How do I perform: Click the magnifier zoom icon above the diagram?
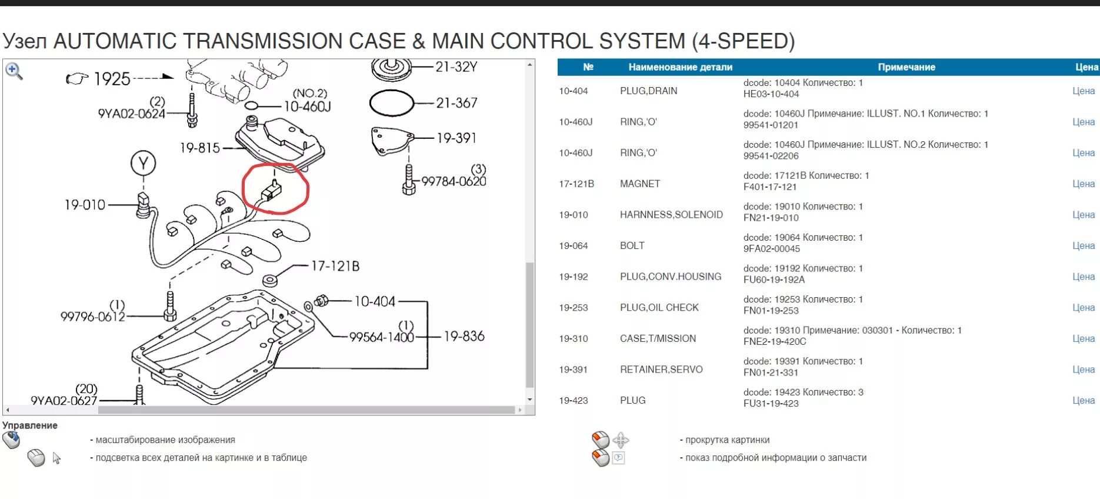[x=14, y=71]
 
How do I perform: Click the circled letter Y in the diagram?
[x=143, y=163]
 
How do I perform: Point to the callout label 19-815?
[x=199, y=148]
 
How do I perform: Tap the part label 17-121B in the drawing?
[x=335, y=267]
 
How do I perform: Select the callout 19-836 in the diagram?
[x=464, y=337]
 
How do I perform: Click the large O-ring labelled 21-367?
[x=391, y=103]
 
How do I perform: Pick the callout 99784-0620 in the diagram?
[x=454, y=182]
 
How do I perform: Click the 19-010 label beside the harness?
[x=85, y=205]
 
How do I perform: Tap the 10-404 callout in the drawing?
[x=375, y=302]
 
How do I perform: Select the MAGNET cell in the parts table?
[x=640, y=184]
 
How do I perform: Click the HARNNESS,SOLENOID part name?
[x=671, y=215]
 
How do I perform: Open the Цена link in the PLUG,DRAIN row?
[x=1083, y=91]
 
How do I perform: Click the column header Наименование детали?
[x=680, y=67]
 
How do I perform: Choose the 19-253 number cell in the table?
[x=573, y=308]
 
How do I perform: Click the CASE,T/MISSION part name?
[x=658, y=338]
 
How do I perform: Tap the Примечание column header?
[x=906, y=67]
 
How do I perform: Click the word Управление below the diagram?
[x=30, y=425]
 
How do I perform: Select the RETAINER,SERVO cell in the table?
[x=661, y=370]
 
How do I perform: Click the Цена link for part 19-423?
[x=1083, y=400]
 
